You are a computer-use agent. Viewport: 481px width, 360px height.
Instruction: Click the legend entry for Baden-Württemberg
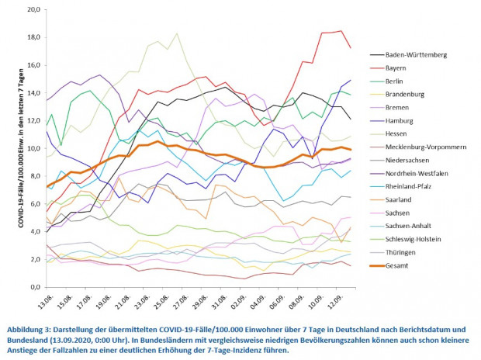pos(419,55)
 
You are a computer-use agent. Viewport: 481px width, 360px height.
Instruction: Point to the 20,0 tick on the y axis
pos(32,10)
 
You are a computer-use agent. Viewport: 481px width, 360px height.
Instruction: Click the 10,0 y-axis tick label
pos(32,149)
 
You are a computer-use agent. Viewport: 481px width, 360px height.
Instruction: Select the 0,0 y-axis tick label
pos(34,287)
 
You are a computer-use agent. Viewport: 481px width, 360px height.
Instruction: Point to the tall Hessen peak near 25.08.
pos(178,33)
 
